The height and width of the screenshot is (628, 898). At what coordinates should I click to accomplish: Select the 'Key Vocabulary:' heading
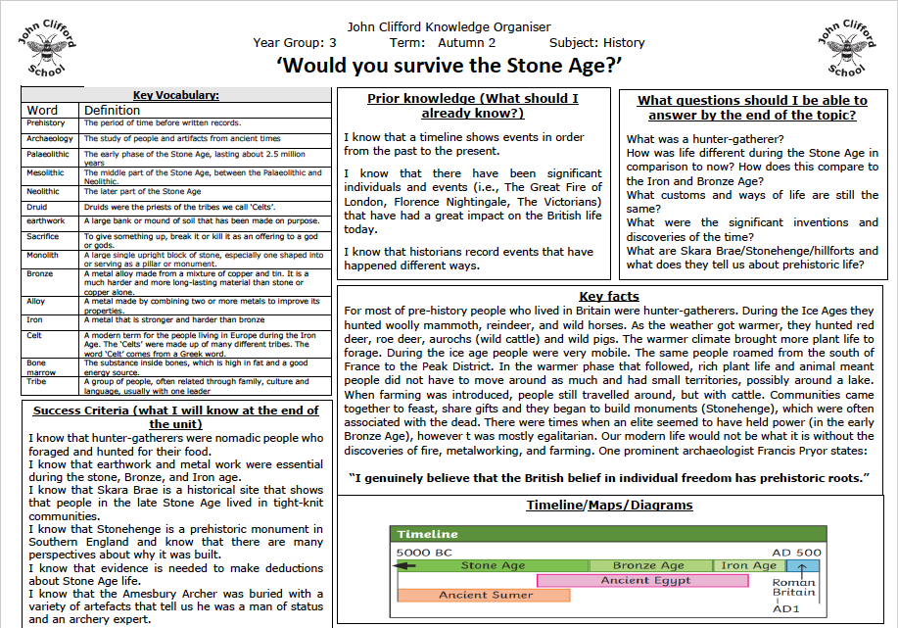point(176,95)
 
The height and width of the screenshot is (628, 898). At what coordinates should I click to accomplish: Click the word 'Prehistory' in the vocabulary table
point(46,123)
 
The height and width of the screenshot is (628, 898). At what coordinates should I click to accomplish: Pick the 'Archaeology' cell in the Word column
point(49,139)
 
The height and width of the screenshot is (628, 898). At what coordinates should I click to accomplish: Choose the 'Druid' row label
point(37,207)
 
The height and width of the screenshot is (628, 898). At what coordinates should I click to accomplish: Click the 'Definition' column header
point(112,111)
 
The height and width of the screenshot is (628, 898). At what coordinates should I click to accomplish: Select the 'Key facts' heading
point(609,296)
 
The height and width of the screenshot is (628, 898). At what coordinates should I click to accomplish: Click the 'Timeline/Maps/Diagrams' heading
point(609,506)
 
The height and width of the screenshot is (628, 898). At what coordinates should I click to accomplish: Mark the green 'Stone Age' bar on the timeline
point(493,565)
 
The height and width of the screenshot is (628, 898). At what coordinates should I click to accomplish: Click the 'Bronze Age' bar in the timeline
point(647,565)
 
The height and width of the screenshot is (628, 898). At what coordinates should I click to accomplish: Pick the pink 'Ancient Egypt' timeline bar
point(649,580)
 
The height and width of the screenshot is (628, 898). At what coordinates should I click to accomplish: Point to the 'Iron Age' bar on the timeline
point(748,565)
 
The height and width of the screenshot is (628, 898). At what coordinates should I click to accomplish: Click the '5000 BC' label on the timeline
point(424,552)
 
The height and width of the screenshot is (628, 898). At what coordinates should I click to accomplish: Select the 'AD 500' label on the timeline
point(795,552)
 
